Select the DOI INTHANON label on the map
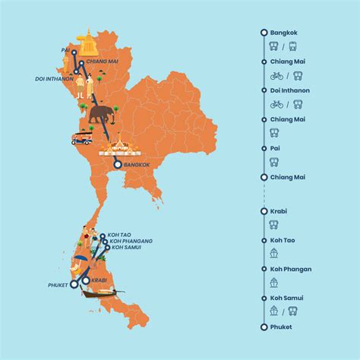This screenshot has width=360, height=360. pyautogui.click(x=54, y=78)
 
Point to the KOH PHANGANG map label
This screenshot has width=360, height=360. pyautogui.click(x=131, y=241)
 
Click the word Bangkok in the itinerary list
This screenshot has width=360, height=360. pyautogui.click(x=283, y=32)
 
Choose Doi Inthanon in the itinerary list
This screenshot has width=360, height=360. pyautogui.click(x=290, y=90)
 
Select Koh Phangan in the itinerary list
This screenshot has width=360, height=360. pyautogui.click(x=291, y=269)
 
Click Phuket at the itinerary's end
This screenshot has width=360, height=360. pyautogui.click(x=281, y=327)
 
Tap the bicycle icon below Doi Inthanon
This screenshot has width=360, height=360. pyautogui.click(x=276, y=104)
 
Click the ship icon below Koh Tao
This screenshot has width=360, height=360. pyautogui.click(x=274, y=254)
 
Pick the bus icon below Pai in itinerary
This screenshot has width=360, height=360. pyautogui.click(x=274, y=162)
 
